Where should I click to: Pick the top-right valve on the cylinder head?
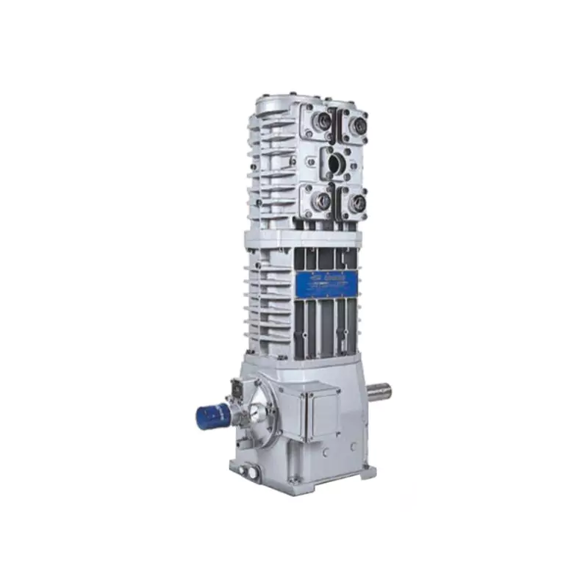[356, 127]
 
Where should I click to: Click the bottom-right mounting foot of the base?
[367, 470]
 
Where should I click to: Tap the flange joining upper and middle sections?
[301, 237]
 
